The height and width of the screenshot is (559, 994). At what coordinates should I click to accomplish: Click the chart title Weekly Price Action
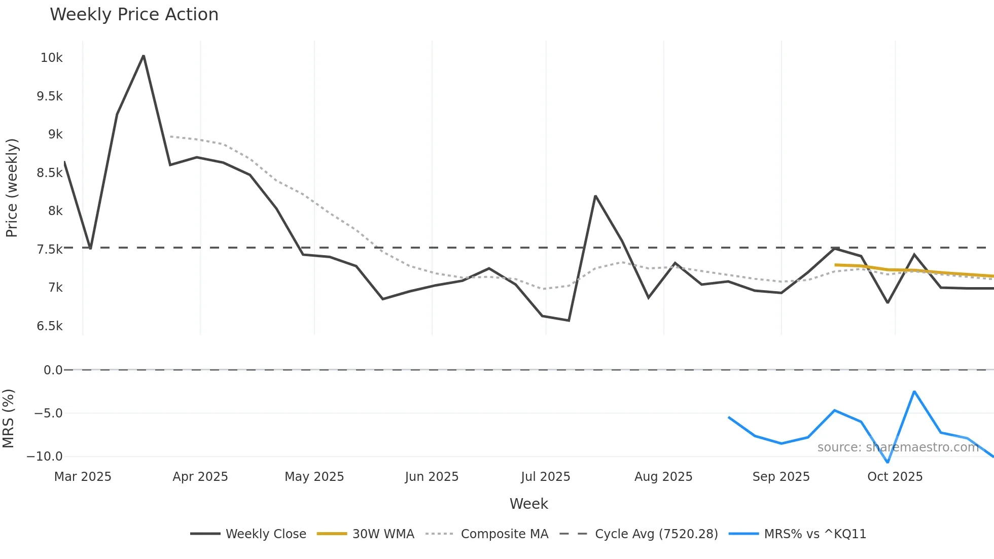point(134,15)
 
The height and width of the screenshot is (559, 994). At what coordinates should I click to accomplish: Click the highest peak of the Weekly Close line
point(144,56)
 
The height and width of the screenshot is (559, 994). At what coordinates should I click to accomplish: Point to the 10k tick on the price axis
point(51,58)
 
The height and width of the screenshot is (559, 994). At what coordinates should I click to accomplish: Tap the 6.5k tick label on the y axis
point(49,326)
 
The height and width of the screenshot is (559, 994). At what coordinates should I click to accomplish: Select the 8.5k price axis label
point(49,173)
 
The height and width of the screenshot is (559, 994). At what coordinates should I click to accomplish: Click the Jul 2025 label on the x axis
point(545,477)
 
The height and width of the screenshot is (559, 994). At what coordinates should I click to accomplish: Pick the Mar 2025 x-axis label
point(83,477)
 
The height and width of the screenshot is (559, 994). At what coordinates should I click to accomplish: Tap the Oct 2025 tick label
point(895,477)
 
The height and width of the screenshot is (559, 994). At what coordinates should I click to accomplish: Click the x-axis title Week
point(528,504)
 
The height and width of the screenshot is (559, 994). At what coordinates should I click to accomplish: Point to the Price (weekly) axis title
point(12,188)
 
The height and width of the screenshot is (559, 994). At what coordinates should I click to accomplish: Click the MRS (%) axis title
point(9,418)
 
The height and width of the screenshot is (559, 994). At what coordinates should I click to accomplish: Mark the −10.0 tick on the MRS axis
point(45,457)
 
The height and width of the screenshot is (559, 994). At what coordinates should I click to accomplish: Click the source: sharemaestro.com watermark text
point(898,447)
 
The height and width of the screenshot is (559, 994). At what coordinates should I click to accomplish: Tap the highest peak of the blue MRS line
point(914,392)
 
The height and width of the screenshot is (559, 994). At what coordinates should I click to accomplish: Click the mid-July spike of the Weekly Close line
point(595,196)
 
